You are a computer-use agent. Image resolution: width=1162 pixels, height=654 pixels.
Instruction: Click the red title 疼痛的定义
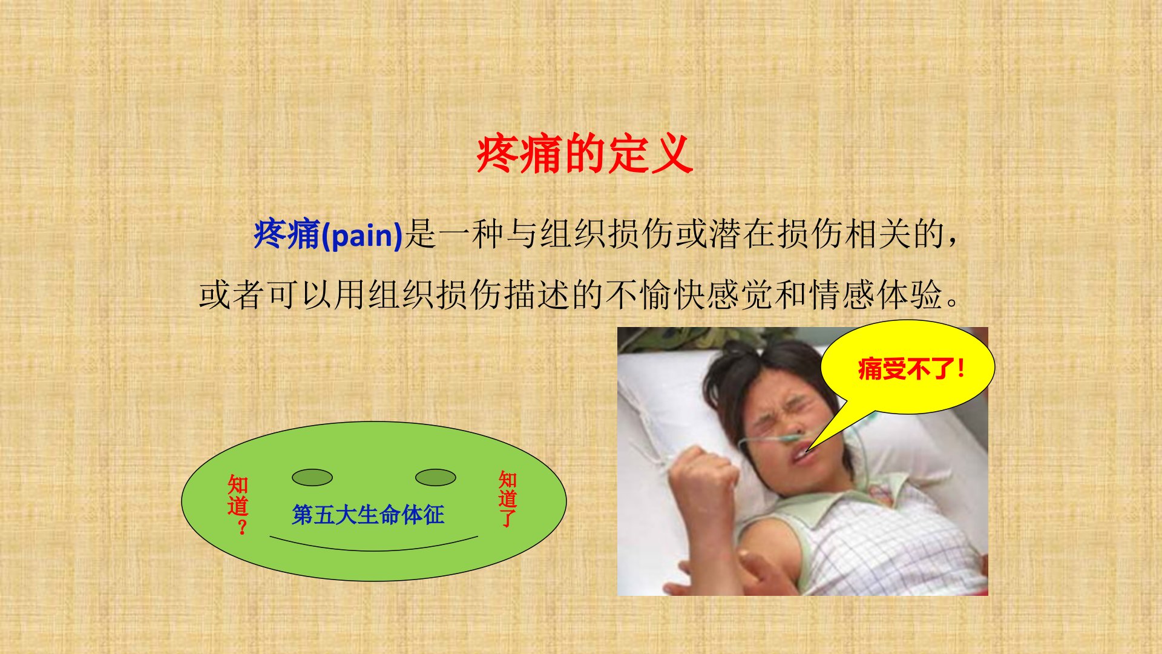[x=585, y=154]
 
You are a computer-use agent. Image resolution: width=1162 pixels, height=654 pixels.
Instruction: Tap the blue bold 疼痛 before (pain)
[x=287, y=234]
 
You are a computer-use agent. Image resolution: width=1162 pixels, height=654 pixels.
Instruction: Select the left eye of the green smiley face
[x=312, y=478]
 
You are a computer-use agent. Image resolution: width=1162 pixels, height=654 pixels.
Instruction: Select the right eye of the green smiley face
[x=436, y=478]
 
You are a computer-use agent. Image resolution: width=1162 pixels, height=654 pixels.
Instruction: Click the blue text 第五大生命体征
[x=368, y=515]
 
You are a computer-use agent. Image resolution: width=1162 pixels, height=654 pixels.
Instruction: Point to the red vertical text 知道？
[x=238, y=505]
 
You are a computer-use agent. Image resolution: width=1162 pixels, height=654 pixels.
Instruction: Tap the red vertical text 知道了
[x=508, y=499]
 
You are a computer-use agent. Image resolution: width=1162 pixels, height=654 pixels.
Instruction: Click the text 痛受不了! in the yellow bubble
[x=911, y=368]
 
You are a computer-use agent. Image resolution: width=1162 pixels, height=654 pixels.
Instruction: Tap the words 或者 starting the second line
[x=232, y=295]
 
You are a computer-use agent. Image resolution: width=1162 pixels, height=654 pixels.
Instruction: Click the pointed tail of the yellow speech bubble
[x=807, y=451]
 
